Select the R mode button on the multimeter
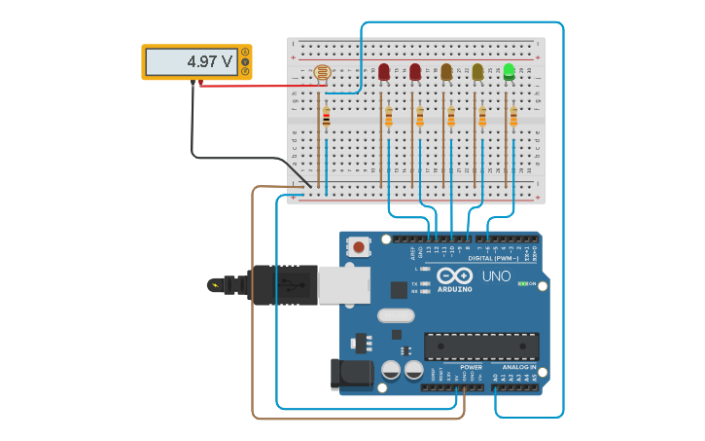[245, 71]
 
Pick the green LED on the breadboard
[509, 70]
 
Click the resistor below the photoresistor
[326, 118]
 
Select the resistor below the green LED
[513, 117]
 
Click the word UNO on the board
[496, 276]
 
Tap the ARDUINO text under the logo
[454, 289]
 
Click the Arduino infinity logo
[454, 276]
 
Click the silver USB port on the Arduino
[343, 284]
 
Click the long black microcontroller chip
[481, 347]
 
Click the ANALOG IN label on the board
[519, 367]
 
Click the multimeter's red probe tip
[201, 84]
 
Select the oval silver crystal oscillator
[396, 314]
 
